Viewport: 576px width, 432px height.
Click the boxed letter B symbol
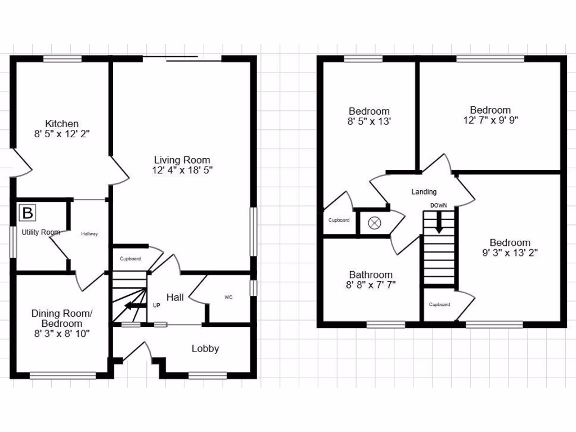pos(27,213)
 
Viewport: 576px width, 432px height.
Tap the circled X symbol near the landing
pos(374,223)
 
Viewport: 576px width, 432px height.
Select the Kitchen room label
pos(62,124)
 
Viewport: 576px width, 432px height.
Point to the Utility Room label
pos(40,232)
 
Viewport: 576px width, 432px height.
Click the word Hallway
pos(89,233)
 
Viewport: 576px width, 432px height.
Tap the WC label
pos(228,297)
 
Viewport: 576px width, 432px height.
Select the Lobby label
pos(205,349)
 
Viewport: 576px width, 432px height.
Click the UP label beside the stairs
pos(157,305)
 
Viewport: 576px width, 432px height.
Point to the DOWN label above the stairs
pos(439,206)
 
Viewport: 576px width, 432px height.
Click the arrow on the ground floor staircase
pos(133,306)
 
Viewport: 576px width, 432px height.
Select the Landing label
pos(424,192)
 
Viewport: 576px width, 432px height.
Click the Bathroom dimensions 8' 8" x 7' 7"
pos(371,285)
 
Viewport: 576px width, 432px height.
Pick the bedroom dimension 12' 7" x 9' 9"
pos(490,120)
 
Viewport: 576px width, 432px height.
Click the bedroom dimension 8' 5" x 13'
pos(369,121)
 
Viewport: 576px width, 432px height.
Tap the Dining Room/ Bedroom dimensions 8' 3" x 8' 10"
pos(61,334)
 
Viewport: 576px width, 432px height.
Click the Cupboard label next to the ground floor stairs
pos(130,259)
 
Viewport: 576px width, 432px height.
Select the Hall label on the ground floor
pos(175,297)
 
